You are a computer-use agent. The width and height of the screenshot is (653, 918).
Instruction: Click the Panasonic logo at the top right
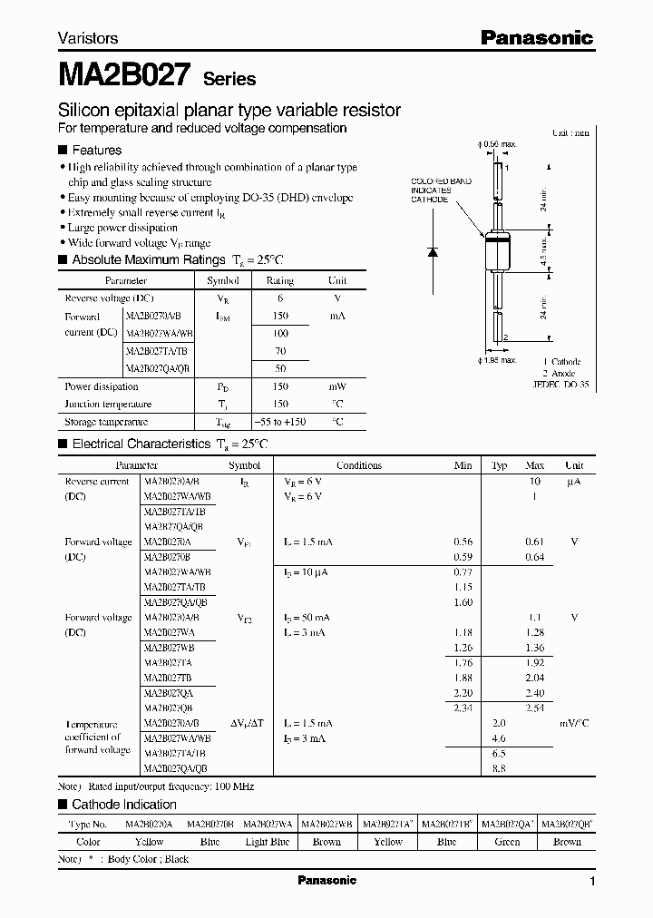pos(536,37)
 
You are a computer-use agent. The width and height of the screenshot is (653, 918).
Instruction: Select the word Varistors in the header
pos(88,39)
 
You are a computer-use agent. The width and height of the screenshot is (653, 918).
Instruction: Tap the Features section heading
pos(96,150)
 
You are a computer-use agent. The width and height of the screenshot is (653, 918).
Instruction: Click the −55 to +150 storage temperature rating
pos(280,422)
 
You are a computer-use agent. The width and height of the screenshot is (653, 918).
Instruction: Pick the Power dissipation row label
pos(101,387)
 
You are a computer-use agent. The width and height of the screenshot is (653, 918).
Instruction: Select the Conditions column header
pos(359,465)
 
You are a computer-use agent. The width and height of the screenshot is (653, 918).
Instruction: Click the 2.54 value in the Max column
pos(535,708)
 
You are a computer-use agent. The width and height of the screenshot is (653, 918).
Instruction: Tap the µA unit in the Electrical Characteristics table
pos(573,482)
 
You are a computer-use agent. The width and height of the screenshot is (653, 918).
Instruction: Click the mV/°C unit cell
pos(573,723)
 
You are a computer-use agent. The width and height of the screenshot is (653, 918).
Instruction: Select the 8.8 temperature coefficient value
pos(498,768)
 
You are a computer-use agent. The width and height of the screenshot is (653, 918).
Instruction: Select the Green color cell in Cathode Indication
pos(507,842)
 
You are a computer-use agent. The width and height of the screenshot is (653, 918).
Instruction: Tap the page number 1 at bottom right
pos(592,882)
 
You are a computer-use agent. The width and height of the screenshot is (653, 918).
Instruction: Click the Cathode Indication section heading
pos(124,805)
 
